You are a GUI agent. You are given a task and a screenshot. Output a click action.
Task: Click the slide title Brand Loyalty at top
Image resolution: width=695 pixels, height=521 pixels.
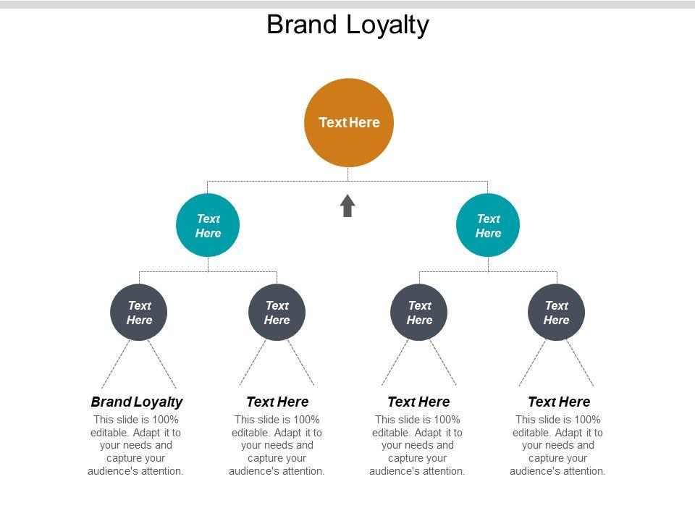coord(347,25)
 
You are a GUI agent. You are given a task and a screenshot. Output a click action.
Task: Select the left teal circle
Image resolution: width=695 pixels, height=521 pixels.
coord(208,225)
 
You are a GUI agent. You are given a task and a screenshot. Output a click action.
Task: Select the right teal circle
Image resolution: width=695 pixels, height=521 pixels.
coord(488,225)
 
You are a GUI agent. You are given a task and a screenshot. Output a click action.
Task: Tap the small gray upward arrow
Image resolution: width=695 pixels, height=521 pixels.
coord(347,206)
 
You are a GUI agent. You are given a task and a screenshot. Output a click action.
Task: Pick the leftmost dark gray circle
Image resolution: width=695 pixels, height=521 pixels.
coord(139,313)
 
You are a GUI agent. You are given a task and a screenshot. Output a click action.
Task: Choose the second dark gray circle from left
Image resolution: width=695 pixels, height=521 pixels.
coord(277,313)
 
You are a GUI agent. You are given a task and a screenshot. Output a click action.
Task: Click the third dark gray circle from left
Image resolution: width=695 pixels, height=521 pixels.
coord(419,313)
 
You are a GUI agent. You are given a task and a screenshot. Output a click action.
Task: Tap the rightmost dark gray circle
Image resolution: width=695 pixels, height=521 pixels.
coord(556,313)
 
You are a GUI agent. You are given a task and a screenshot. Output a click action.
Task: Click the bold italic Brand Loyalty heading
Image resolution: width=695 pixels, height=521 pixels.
coord(137,402)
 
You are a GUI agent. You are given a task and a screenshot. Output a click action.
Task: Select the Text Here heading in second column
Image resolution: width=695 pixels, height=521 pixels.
coord(277,402)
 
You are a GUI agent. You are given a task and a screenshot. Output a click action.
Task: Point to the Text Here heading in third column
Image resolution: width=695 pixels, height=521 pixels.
coord(418,402)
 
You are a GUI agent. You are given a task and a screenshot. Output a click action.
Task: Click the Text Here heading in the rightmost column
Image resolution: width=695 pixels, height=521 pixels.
coord(559,402)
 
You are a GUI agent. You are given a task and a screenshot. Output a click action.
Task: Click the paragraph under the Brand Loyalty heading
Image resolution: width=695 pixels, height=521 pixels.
coord(136,445)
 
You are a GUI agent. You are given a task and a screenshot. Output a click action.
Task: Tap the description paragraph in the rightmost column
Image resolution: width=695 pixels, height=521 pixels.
coord(557,445)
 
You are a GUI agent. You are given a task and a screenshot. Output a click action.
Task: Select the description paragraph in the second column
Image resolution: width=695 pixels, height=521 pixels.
coord(277,445)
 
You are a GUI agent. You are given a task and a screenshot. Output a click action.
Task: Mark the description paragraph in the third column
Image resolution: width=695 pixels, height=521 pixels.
coord(417,445)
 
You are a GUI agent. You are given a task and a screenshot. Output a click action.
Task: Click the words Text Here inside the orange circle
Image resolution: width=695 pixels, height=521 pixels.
coord(349,122)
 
